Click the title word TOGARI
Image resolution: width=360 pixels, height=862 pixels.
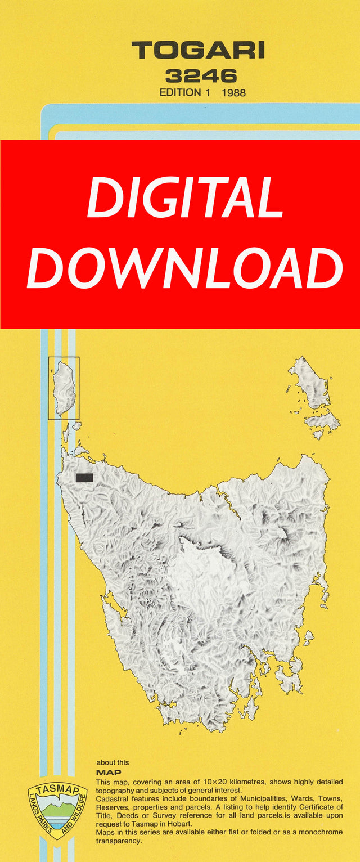tap(197, 51)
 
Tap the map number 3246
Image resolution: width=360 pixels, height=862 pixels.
tap(201, 76)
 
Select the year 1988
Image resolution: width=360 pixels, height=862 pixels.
tap(234, 92)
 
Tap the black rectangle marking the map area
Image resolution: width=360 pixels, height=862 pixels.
tap(84, 478)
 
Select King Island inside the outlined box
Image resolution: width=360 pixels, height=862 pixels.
tap(64, 388)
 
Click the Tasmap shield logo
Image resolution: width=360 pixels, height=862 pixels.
tap(57, 810)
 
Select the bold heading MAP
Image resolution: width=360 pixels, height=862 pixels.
tap(109, 773)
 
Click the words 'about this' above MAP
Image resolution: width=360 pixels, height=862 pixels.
tap(112, 762)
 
